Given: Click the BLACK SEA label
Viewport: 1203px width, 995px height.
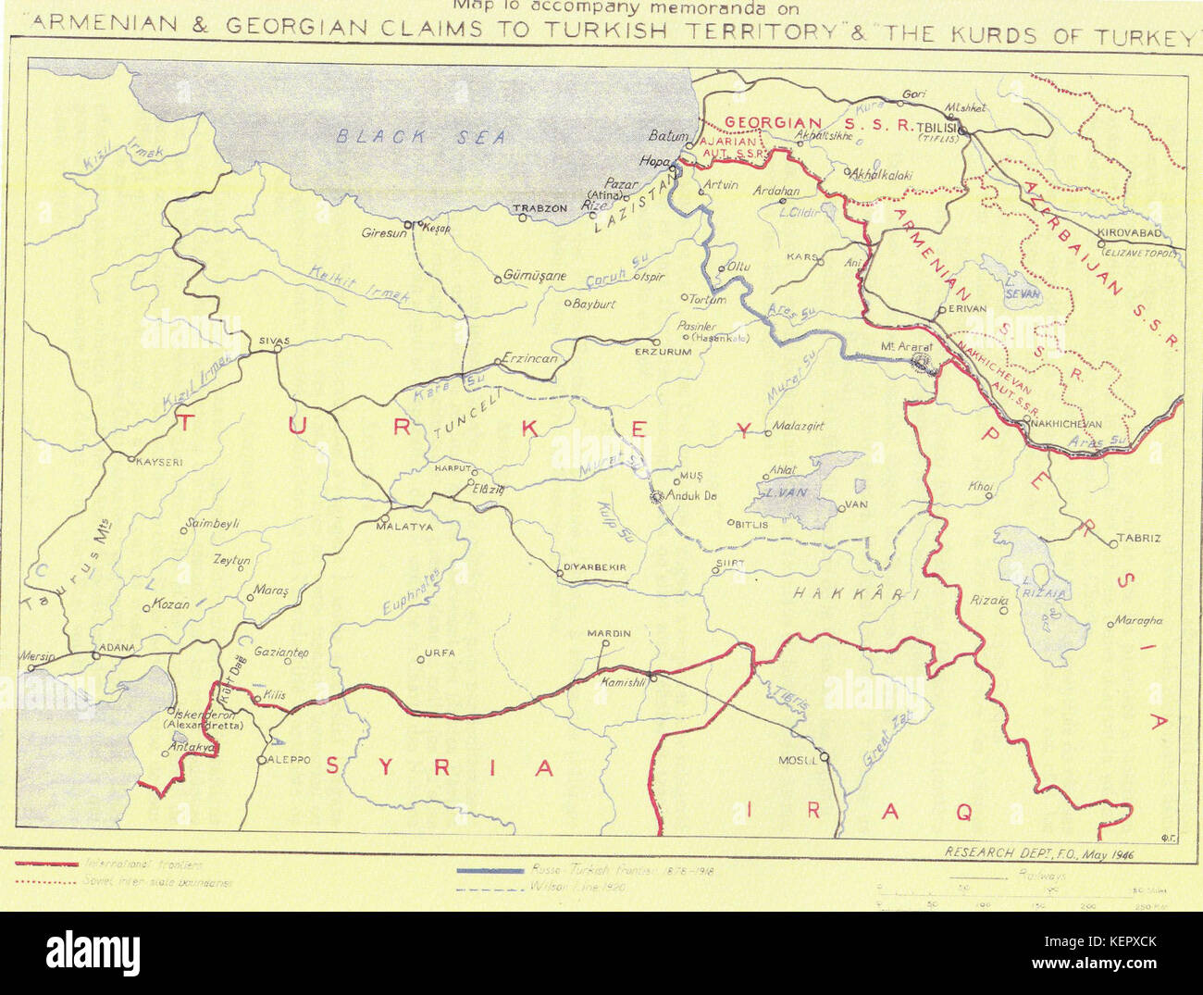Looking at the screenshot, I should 421,137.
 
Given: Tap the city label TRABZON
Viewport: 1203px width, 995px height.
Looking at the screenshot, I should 540,208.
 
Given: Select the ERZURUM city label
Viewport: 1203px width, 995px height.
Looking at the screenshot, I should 664,352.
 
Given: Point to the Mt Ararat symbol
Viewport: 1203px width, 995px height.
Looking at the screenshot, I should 920,364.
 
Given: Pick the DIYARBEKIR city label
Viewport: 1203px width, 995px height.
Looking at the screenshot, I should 595,566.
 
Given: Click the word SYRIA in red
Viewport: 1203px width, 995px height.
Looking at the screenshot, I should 440,767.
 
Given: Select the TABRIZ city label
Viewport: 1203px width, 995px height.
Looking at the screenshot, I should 1138,538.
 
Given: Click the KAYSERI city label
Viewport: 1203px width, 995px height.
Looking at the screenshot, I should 159,461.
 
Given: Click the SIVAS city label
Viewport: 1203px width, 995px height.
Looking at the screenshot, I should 274,340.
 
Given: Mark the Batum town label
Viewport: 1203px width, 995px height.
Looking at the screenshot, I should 668,135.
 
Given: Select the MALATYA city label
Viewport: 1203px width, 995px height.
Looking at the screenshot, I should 403,527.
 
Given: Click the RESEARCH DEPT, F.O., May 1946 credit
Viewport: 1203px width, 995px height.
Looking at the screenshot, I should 1038,853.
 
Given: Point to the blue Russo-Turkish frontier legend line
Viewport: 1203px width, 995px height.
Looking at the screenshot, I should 490,870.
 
